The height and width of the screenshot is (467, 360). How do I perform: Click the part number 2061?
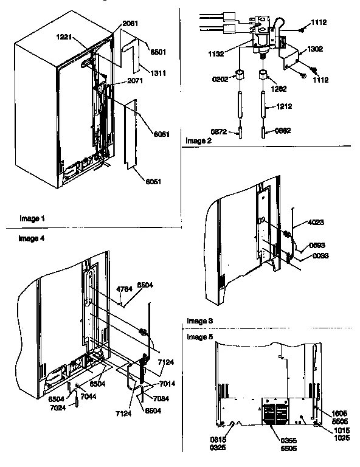(130, 24)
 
